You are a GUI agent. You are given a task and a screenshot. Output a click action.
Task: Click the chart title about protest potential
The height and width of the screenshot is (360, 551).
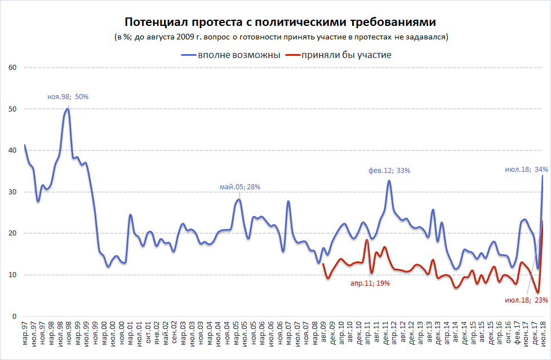pyautogui.click(x=280, y=22)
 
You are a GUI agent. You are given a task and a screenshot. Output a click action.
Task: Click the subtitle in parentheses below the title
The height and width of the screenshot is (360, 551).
pyautogui.click(x=281, y=37)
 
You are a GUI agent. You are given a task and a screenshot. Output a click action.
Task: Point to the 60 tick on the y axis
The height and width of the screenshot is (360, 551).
pyautogui.click(x=11, y=68)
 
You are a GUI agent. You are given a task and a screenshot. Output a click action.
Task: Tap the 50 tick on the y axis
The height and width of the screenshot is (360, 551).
pyautogui.click(x=11, y=109)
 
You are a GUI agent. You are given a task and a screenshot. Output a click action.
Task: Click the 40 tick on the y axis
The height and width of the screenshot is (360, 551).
pyautogui.click(x=11, y=150)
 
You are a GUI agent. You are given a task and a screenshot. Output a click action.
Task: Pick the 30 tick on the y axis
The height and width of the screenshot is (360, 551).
pyautogui.click(x=11, y=192)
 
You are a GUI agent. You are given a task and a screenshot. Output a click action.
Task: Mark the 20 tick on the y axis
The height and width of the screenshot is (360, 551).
pyautogui.click(x=11, y=233)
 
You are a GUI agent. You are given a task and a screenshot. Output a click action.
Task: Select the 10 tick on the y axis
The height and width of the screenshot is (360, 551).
pyautogui.click(x=11, y=275)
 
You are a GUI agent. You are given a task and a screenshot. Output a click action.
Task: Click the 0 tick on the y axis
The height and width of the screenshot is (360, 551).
pyautogui.click(x=13, y=316)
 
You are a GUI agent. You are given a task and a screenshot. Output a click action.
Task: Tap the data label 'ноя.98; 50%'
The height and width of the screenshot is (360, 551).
pyautogui.click(x=68, y=96)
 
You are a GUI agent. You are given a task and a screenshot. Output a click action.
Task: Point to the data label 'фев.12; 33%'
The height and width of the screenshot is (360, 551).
pyautogui.click(x=389, y=170)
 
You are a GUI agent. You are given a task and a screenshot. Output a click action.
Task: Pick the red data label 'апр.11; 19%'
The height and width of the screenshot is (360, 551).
pyautogui.click(x=369, y=283)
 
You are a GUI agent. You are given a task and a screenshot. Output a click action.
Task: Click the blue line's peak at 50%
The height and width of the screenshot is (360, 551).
pyautogui.click(x=68, y=109)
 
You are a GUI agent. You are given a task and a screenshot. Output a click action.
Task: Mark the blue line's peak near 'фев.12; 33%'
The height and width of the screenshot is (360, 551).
pyautogui.click(x=389, y=180)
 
